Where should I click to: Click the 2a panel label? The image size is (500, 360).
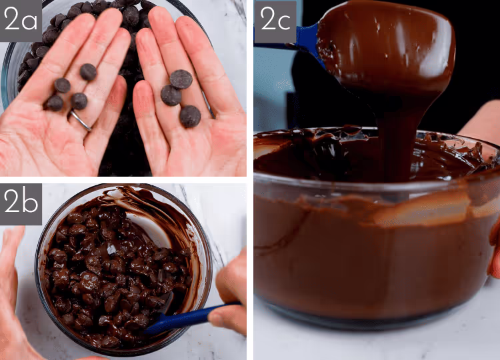(21, 21)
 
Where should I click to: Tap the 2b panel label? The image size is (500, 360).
(21, 204)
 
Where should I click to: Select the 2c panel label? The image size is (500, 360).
(275, 21)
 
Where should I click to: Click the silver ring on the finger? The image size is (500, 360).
(81, 120)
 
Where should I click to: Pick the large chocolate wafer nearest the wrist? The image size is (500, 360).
(190, 117)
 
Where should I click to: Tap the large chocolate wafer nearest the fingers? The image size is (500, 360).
(181, 79)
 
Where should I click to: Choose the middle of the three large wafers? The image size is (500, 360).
(171, 95)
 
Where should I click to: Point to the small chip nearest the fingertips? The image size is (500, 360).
(88, 72)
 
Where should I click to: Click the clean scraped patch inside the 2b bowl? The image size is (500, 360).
(149, 229)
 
